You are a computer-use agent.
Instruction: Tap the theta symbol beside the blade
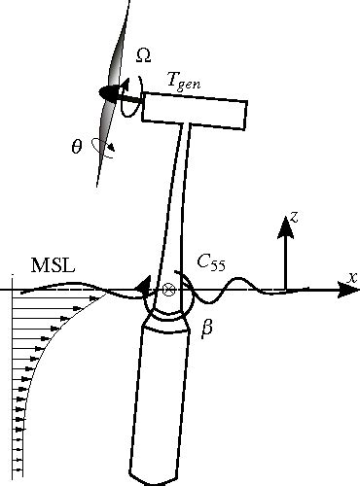point(77,147)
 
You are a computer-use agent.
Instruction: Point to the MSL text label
point(50,266)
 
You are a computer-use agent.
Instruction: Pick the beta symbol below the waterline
point(206,330)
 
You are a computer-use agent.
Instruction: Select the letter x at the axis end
point(352,277)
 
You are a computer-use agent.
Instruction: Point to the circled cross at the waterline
point(168,290)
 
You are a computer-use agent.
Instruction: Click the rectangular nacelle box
point(195,107)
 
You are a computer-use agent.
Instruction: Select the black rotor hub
point(110,93)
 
